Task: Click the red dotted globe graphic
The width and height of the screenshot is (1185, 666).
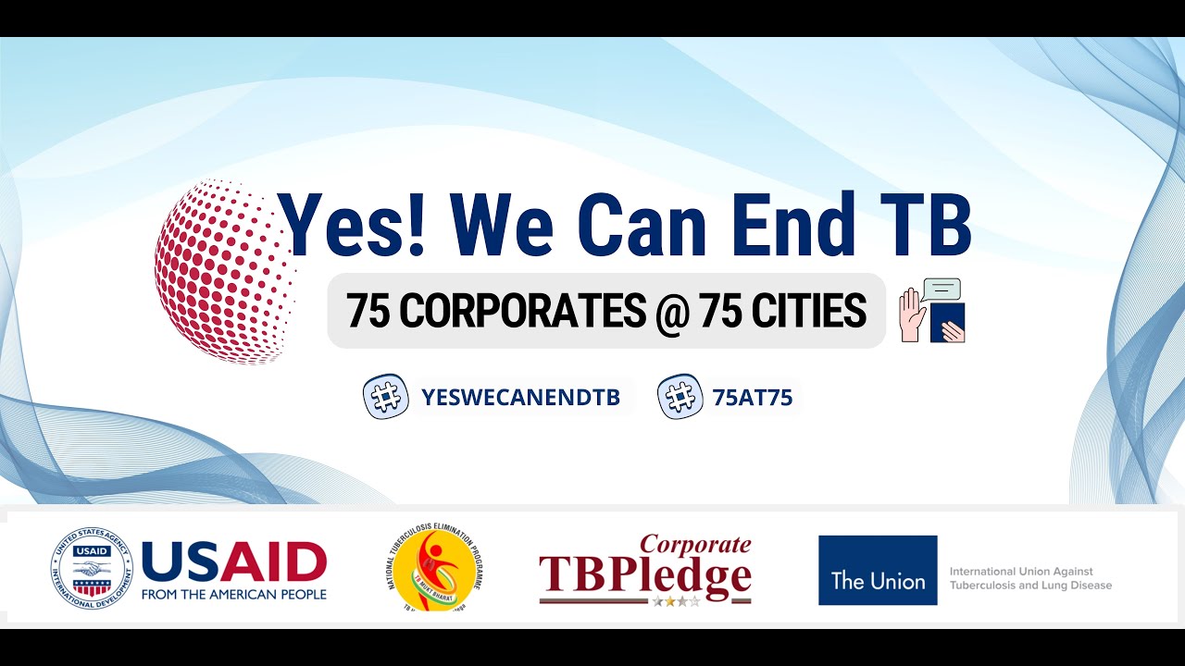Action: pyautogui.click(x=222, y=271)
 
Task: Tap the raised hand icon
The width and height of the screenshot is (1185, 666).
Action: pyautogui.click(x=912, y=315)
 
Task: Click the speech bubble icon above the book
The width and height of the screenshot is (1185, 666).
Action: pyautogui.click(x=942, y=289)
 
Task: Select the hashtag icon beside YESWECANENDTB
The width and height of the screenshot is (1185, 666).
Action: pyautogui.click(x=386, y=397)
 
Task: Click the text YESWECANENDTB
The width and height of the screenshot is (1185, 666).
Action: pyautogui.click(x=520, y=398)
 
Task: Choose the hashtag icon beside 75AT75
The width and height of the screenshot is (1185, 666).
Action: pyautogui.click(x=680, y=397)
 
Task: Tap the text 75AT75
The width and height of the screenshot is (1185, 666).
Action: pyautogui.click(x=752, y=398)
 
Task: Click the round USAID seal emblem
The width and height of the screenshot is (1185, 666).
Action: pyautogui.click(x=91, y=569)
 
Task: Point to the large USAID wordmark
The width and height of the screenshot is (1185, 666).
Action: pyautogui.click(x=234, y=561)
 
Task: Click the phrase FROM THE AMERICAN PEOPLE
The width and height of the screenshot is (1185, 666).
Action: pyautogui.click(x=234, y=594)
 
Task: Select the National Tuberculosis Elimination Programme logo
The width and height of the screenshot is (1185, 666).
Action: pyautogui.click(x=434, y=567)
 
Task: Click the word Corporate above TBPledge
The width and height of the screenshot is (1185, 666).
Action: pyautogui.click(x=695, y=544)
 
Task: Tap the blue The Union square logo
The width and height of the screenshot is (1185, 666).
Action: pyautogui.click(x=878, y=571)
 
